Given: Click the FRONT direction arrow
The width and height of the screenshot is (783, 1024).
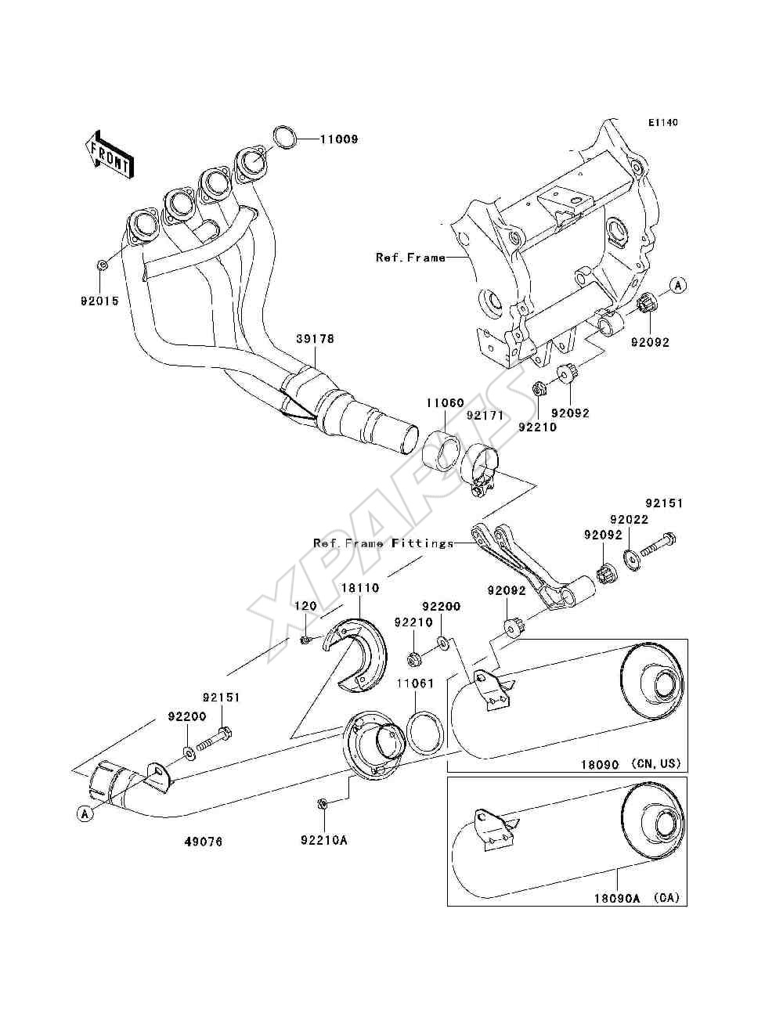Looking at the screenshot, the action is [109, 154].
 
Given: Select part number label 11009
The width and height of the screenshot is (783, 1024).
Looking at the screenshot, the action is [339, 139].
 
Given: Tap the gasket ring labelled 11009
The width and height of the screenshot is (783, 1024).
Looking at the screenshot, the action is [284, 137].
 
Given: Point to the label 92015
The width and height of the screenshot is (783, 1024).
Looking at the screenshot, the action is [100, 301].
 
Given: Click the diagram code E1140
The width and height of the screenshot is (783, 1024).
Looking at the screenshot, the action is [663, 123].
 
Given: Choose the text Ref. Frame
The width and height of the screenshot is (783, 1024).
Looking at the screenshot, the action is [410, 257].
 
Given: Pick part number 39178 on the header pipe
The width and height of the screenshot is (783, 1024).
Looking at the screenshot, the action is [316, 338].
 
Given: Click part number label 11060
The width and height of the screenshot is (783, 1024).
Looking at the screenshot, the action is [445, 402].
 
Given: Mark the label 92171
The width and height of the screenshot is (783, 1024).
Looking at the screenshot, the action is [485, 415].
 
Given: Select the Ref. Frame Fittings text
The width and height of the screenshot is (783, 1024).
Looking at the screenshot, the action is [383, 543].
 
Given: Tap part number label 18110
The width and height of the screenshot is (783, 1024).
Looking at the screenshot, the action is [359, 588].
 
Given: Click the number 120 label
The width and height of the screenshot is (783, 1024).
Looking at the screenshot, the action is [305, 606].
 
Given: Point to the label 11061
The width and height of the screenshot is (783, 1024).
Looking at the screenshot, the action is [415, 683].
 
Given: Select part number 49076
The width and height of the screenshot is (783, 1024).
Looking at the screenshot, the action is [204, 842].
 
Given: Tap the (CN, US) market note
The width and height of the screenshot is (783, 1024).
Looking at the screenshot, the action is [656, 763].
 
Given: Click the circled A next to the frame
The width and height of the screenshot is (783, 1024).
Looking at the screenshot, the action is [679, 284].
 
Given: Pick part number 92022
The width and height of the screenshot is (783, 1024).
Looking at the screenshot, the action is [630, 519].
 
